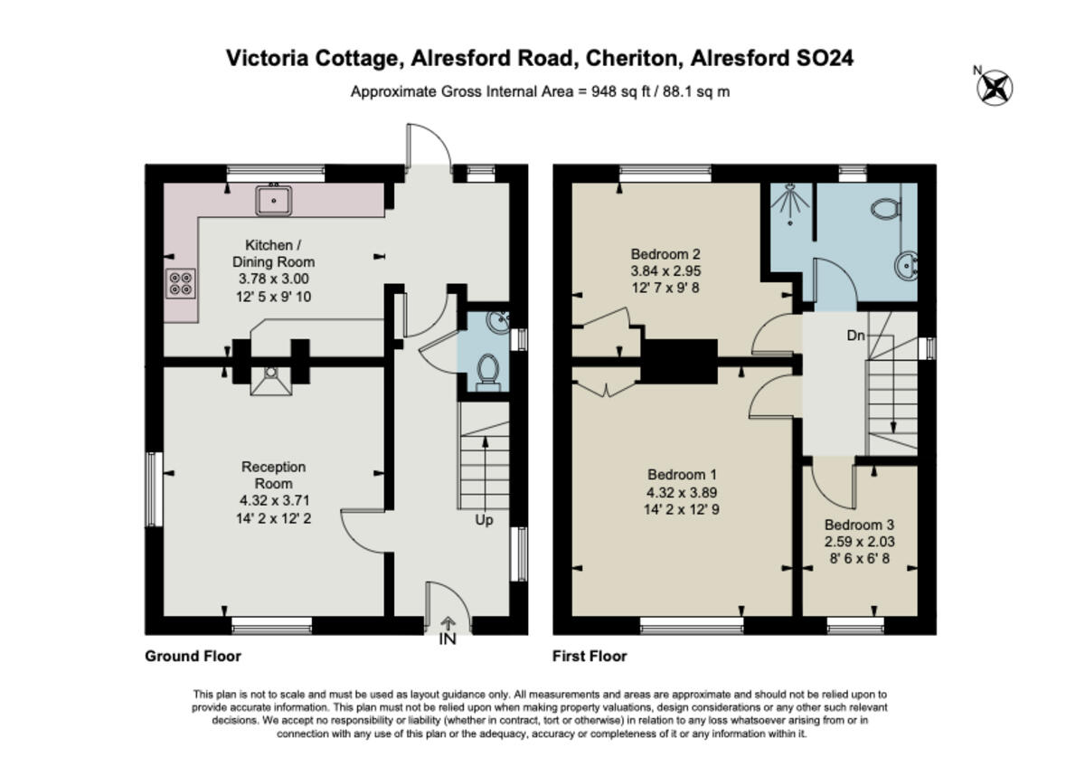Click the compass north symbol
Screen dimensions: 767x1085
coord(995,88)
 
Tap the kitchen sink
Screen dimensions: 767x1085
coord(273,200)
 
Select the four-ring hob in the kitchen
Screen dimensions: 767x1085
coord(180,284)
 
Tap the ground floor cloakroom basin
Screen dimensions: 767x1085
coord(496,323)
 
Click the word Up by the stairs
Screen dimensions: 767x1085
coord(485,520)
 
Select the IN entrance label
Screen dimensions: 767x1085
coord(448,639)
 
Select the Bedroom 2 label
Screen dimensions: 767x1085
coord(665,253)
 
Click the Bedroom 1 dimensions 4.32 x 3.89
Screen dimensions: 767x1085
coord(683,493)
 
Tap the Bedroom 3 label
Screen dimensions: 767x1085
coord(859,525)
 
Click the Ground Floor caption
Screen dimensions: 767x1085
coord(193,656)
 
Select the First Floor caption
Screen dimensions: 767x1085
coord(590,656)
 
